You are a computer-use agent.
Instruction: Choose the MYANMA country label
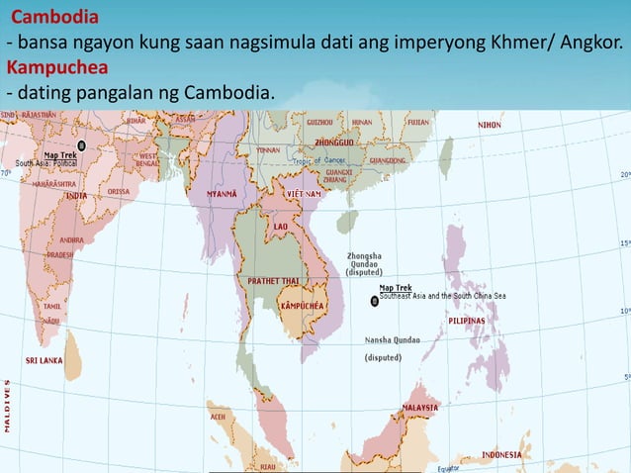click(x=220, y=194)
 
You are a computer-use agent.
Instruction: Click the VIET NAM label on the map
click(x=305, y=194)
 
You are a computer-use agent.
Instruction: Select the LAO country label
click(x=280, y=226)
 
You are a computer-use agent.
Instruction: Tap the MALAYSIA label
click(x=419, y=408)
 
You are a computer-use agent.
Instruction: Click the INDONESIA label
click(x=501, y=454)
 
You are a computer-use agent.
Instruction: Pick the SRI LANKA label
click(x=45, y=360)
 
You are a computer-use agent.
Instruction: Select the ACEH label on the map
click(x=218, y=417)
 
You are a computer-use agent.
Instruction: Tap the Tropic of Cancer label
click(x=315, y=160)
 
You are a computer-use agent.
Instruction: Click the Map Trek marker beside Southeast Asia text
click(x=374, y=300)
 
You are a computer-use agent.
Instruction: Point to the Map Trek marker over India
click(x=81, y=145)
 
